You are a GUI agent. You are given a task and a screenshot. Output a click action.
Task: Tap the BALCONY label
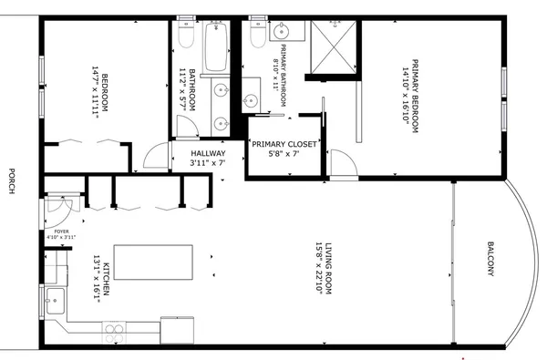pyautogui.click(x=490, y=260)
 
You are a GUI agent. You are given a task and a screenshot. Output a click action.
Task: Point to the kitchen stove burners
pyautogui.click(x=115, y=331)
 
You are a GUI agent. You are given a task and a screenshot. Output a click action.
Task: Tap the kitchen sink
pyautogui.click(x=56, y=296)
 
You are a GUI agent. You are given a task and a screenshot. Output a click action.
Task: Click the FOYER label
pyautogui.click(x=61, y=233)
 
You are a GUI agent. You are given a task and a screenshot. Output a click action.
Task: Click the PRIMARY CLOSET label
pyautogui.click(x=284, y=143)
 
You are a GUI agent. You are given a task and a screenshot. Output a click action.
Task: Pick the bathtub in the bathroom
pyautogui.click(x=216, y=47)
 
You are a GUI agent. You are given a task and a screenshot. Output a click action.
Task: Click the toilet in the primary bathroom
pyautogui.click(x=256, y=34)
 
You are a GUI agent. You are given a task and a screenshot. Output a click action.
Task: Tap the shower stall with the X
pyautogui.click(x=333, y=47)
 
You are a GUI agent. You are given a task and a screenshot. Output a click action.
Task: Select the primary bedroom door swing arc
pyautogui.click(x=342, y=164)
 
